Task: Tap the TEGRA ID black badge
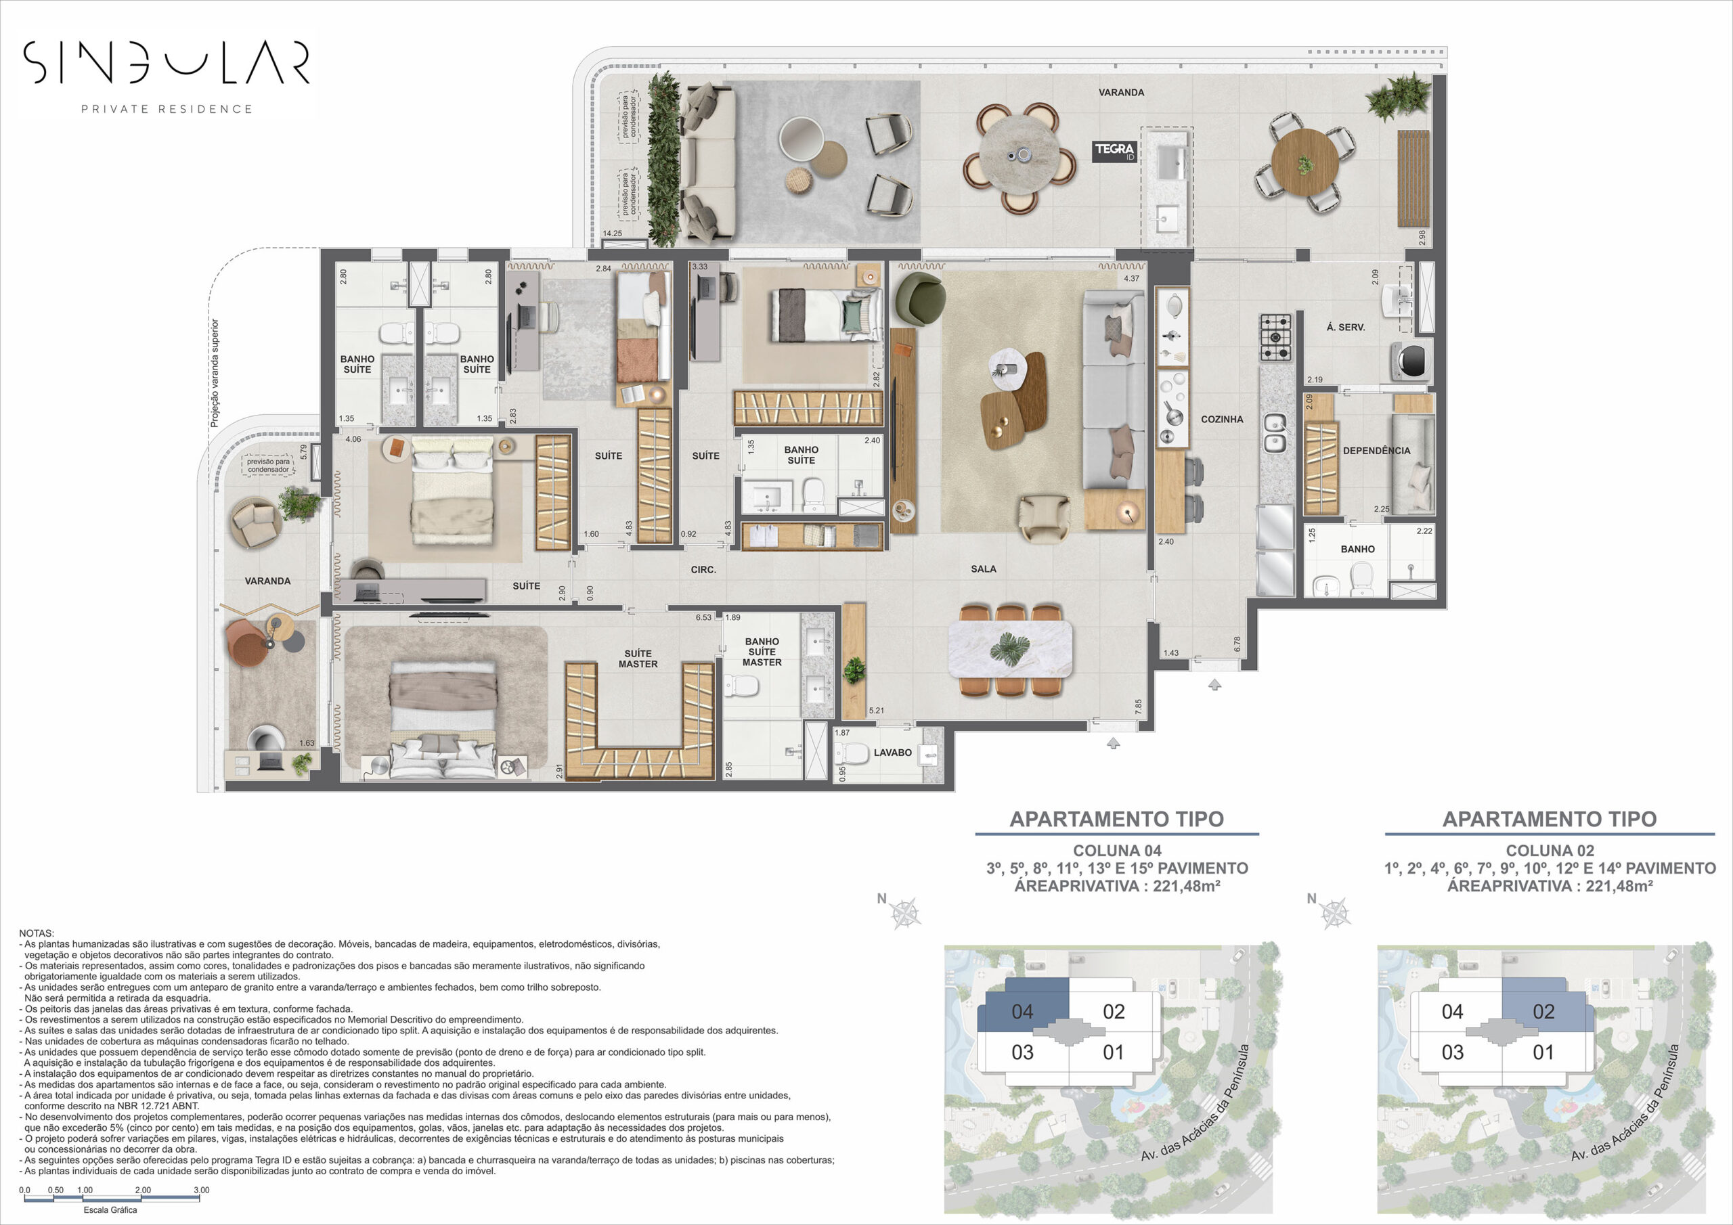pos(1115,152)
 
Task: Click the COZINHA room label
pos(1222,419)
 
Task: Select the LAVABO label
pos(892,753)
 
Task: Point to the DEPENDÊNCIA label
pos(1377,451)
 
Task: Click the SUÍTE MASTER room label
pos(638,659)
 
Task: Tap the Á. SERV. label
pos(1346,328)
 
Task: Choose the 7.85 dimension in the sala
pos(1138,707)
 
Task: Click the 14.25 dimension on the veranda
pos(612,233)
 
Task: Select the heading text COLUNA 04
pos(1117,850)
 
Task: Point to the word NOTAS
pos(37,934)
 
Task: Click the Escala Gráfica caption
pos(110,1210)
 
